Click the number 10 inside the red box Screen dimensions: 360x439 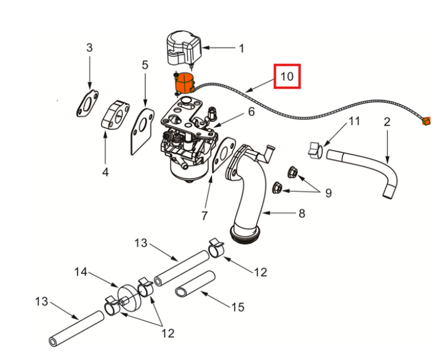coord(287,77)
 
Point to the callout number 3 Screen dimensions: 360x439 coord(89,47)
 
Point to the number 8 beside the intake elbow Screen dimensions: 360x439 coord(302,214)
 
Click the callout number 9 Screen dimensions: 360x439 coord(328,193)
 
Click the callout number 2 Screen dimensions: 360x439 coord(387,122)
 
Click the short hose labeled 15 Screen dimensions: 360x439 coord(195,284)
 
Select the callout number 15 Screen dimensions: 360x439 coord(238,306)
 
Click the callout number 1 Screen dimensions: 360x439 coord(241,47)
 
